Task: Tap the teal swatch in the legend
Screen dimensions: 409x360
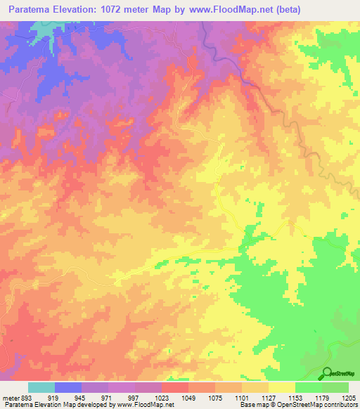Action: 41,387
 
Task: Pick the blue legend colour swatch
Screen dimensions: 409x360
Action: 68,387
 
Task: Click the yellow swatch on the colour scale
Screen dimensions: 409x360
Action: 282,387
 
